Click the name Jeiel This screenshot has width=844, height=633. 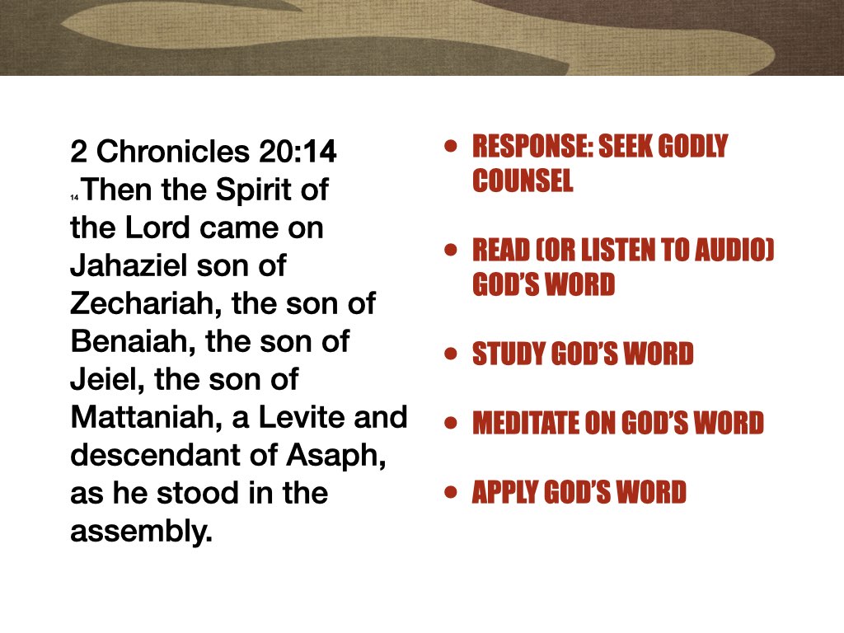click(101, 381)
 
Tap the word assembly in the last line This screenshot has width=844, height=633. click(140, 532)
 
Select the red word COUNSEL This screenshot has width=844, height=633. click(523, 181)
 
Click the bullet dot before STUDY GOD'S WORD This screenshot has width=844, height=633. click(450, 354)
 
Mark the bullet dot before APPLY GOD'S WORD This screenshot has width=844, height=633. click(450, 493)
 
